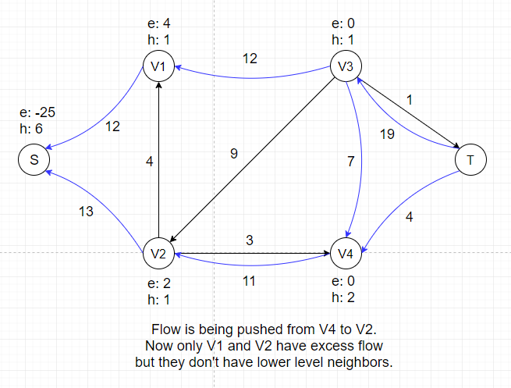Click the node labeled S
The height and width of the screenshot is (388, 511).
tap(34, 160)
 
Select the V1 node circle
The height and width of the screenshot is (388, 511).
tap(158, 66)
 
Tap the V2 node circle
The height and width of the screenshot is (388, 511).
tap(158, 254)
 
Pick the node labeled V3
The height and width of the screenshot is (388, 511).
tap(346, 66)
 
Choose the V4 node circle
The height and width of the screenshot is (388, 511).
tap(346, 254)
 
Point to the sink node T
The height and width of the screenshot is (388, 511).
tap(470, 160)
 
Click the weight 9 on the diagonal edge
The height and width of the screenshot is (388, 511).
tap(233, 155)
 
